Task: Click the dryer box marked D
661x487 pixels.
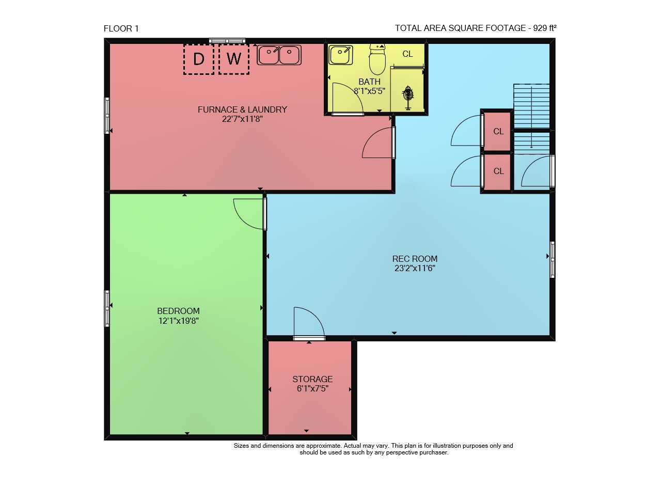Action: (199, 59)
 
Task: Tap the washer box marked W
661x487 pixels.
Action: (234, 59)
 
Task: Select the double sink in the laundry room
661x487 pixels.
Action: (279, 55)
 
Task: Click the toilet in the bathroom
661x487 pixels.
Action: (377, 59)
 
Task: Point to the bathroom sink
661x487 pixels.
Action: (341, 55)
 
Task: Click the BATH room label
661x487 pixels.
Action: (369, 82)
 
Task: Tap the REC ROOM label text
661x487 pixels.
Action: (415, 259)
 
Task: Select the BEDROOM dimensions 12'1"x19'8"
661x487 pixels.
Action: (179, 321)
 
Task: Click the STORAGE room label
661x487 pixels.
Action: (312, 379)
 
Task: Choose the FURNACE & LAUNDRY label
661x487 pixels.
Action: (242, 110)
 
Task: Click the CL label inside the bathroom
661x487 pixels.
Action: (407, 54)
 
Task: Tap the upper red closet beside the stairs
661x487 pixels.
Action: (497, 131)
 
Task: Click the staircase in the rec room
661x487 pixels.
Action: (531, 119)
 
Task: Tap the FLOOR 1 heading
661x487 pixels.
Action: (121, 28)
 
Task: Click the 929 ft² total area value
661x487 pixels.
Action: (545, 28)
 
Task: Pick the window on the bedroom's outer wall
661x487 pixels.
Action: (107, 309)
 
